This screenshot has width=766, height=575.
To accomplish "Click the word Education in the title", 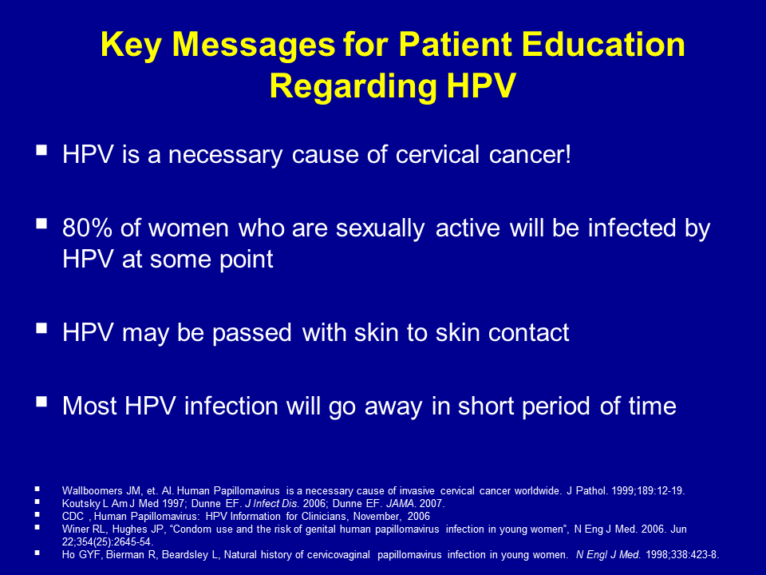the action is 603,45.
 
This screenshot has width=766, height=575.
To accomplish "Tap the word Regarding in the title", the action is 353,87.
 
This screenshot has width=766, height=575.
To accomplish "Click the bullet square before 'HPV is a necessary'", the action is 41,149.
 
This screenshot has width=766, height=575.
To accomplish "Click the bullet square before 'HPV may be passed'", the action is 41,327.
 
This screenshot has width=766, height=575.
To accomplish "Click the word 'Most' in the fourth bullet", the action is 90,406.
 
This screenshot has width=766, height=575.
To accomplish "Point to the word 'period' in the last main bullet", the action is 555,406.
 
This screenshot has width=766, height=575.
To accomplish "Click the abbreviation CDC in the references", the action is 73,516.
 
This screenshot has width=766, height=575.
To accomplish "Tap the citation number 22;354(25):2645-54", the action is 108,541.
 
